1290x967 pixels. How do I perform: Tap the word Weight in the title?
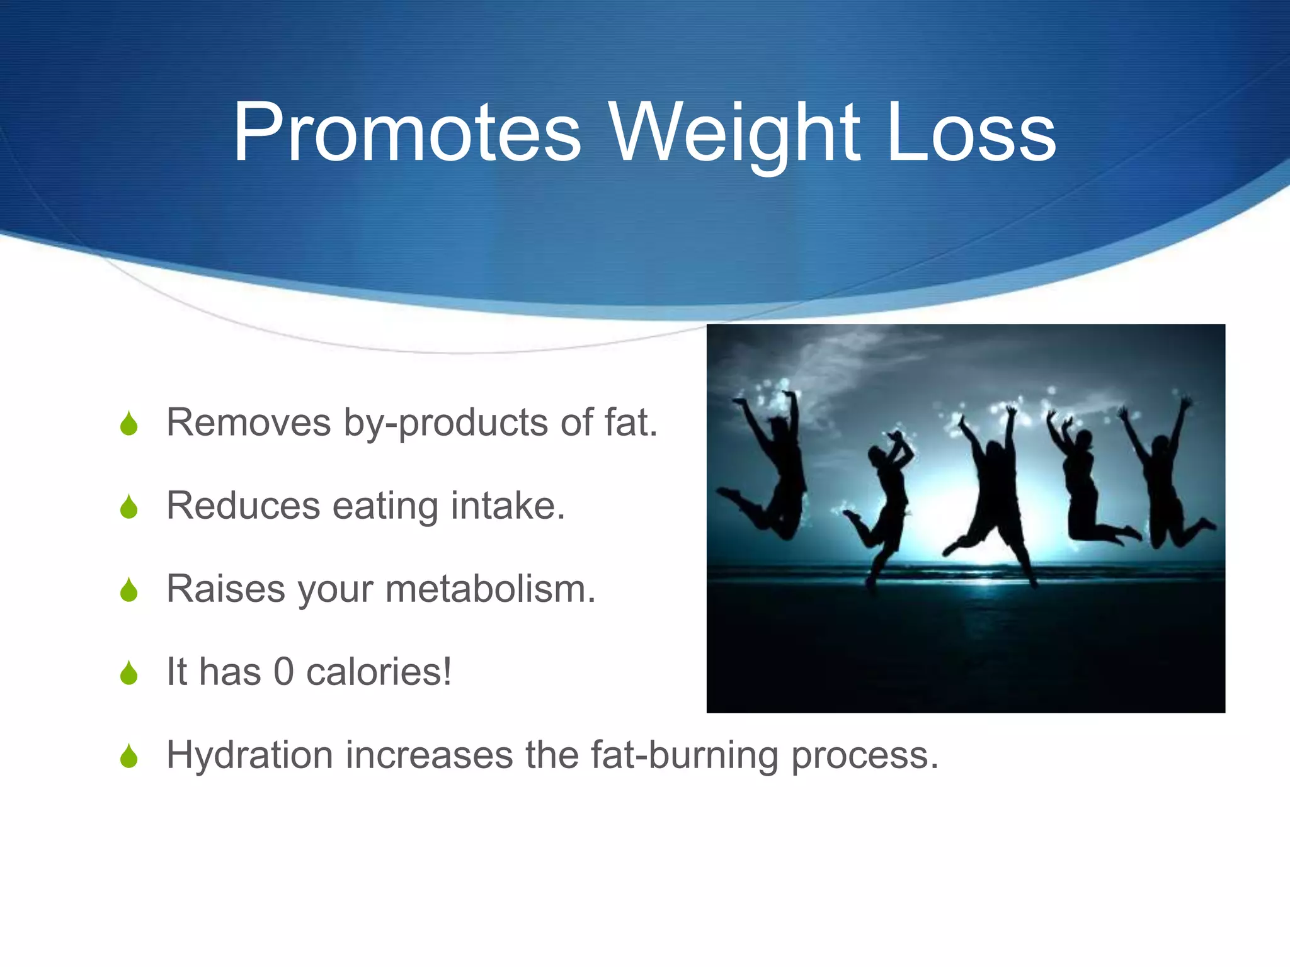(x=734, y=133)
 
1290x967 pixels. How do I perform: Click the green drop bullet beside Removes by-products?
(x=129, y=424)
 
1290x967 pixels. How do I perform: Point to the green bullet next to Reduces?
(x=129, y=507)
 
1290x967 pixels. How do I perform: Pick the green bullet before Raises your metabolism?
(x=129, y=591)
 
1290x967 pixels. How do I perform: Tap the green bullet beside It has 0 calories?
(x=129, y=673)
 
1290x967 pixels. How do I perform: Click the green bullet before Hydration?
(x=129, y=756)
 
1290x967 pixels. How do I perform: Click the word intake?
(x=507, y=506)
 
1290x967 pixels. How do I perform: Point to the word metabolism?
(x=489, y=589)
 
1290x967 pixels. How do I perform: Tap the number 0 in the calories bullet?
(x=283, y=672)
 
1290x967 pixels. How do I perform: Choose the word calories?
(x=379, y=672)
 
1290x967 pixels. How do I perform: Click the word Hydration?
(x=249, y=755)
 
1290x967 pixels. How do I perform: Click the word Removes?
(x=248, y=422)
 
